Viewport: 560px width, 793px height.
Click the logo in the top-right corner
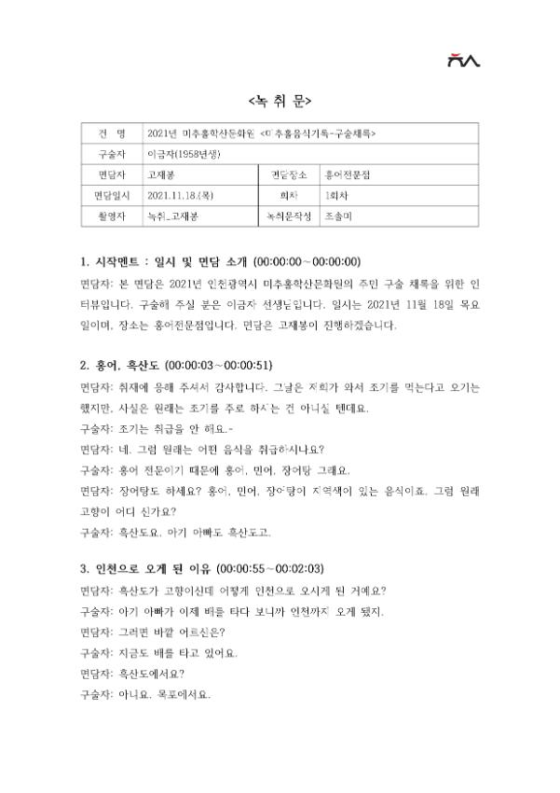tap(462, 61)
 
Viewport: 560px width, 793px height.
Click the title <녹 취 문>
tap(280, 101)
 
